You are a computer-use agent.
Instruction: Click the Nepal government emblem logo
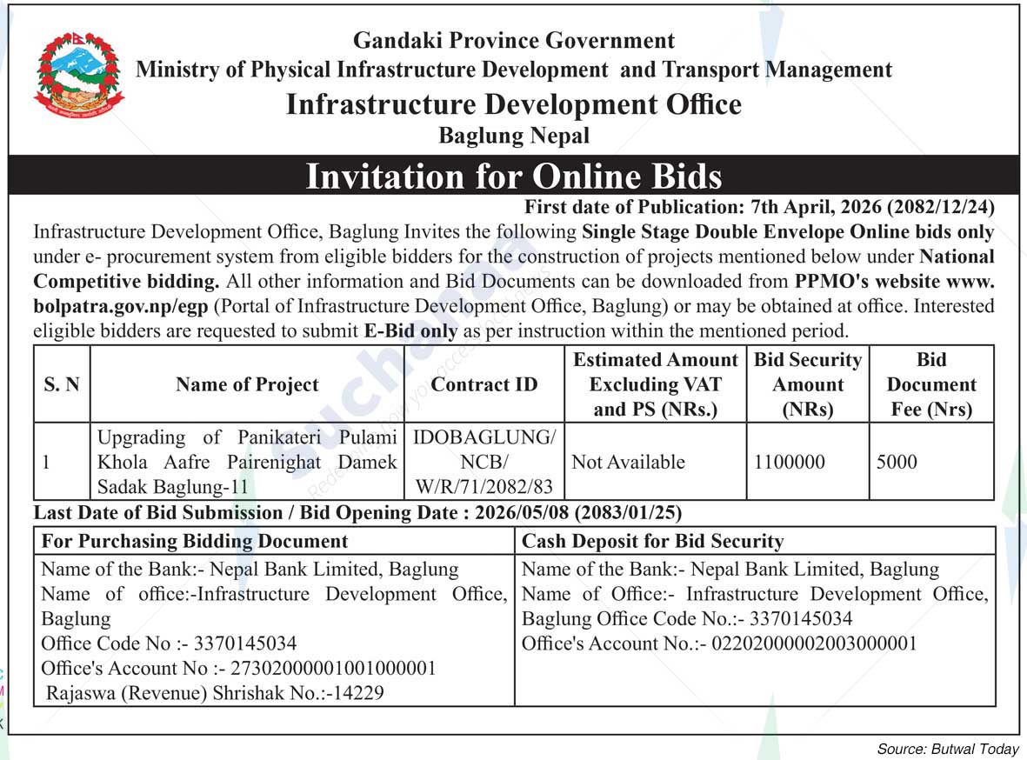click(79, 76)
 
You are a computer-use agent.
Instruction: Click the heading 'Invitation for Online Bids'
click(513, 177)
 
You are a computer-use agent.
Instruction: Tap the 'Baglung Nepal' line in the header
click(513, 136)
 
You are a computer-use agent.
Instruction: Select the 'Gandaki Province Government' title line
click(513, 41)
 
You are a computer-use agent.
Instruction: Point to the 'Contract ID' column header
click(484, 384)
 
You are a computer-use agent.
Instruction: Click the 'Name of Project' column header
click(247, 384)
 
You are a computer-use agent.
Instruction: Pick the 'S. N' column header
click(62, 384)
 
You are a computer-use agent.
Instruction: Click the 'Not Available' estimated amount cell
click(628, 462)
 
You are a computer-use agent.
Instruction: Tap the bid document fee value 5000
click(897, 462)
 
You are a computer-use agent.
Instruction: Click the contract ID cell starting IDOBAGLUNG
click(484, 462)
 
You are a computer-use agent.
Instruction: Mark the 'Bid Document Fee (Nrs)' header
click(931, 384)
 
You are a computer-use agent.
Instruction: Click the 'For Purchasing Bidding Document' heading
click(195, 541)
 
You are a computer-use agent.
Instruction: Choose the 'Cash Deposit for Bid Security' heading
click(652, 541)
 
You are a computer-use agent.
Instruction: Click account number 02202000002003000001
click(815, 643)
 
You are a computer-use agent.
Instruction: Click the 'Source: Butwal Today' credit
click(947, 748)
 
